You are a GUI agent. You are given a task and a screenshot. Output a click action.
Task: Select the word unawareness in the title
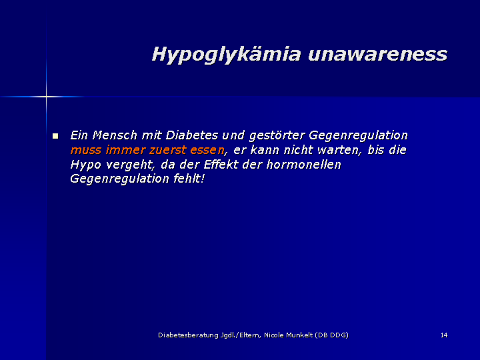tap(378, 54)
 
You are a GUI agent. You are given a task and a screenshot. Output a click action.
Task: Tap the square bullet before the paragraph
tap(55, 135)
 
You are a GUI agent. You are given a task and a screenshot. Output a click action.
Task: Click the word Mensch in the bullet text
tap(115, 135)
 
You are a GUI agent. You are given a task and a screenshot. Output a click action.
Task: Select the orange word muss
tap(86, 150)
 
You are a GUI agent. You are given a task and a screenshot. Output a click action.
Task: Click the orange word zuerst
tap(168, 150)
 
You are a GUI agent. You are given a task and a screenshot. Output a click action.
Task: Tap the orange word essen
tap(207, 150)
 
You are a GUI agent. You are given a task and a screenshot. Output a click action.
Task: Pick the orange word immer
tap(125, 150)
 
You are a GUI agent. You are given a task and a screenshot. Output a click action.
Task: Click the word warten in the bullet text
tap(341, 150)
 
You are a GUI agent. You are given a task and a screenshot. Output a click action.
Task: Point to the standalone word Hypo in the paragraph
tap(86, 165)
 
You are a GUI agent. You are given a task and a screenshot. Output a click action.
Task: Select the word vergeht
tap(131, 165)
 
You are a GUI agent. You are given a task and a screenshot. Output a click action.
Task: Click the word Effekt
tap(221, 165)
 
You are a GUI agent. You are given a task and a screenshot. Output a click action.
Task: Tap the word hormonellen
tap(304, 165)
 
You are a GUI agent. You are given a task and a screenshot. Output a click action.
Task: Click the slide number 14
tap(444, 335)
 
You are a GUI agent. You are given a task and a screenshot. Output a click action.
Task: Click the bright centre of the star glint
tap(46, 97)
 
